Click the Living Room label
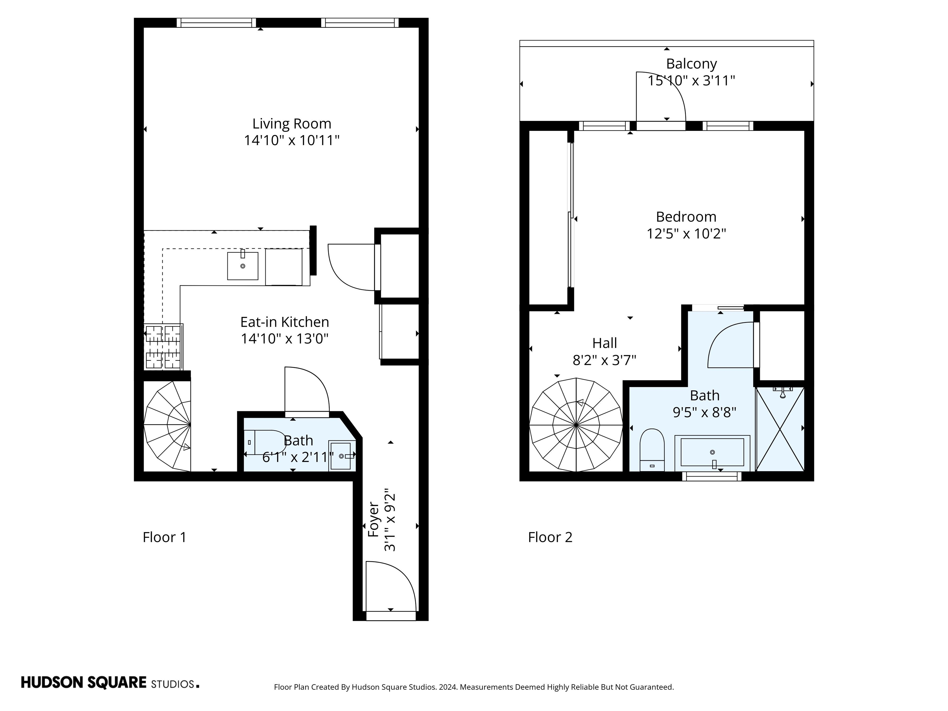pyautogui.click(x=291, y=124)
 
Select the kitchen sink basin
pyautogui.click(x=243, y=266)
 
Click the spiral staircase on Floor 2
pyautogui.click(x=576, y=425)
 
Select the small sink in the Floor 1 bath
pyautogui.click(x=341, y=455)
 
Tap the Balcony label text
pyautogui.click(x=691, y=64)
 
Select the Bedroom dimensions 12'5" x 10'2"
pyautogui.click(x=686, y=234)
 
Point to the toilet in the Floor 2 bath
pyautogui.click(x=652, y=450)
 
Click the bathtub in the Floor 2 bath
pyautogui.click(x=712, y=453)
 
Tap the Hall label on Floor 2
pyautogui.click(x=604, y=343)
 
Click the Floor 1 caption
pyautogui.click(x=164, y=537)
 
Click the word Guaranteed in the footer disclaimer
pyautogui.click(x=651, y=687)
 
